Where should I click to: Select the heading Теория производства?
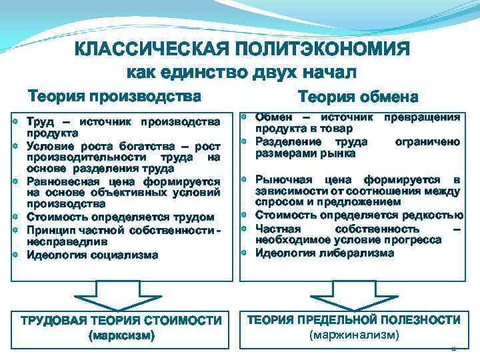(x=113, y=96)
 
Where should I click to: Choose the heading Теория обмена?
(x=359, y=97)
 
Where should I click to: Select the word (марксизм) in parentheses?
(x=121, y=335)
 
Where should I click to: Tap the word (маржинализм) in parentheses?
(x=354, y=335)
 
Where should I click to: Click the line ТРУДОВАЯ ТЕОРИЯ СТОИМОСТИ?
(x=121, y=321)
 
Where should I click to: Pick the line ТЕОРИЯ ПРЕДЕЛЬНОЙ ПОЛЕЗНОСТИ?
(x=354, y=321)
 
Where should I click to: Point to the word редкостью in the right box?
(x=434, y=215)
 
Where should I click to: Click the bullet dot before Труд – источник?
(x=15, y=123)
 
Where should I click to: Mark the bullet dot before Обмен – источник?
(x=245, y=117)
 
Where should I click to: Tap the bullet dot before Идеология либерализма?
(x=245, y=253)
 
